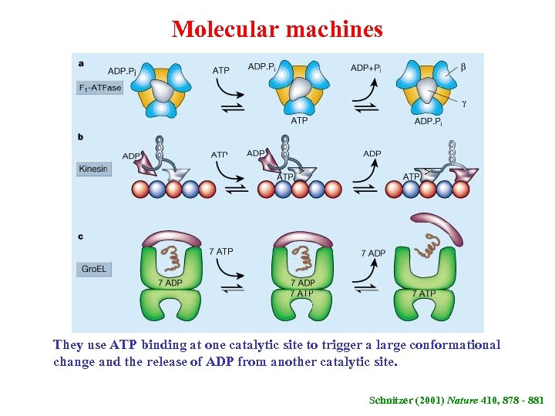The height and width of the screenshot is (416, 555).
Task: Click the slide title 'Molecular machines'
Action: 277,29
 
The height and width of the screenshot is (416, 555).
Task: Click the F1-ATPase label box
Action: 100,87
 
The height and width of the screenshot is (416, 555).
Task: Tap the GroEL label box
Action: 94,269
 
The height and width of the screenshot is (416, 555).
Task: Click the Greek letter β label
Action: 462,68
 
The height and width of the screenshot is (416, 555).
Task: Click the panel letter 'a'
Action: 81,62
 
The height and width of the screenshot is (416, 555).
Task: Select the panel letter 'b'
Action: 81,136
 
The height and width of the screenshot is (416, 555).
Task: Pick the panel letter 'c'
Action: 81,237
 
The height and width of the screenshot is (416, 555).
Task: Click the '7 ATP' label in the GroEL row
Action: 221,252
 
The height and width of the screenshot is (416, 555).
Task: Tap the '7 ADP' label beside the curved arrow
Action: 373,253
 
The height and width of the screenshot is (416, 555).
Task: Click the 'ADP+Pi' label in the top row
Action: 368,68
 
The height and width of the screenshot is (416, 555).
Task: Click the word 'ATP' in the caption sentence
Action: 123,344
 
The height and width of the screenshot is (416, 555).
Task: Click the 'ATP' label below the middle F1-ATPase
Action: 299,120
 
